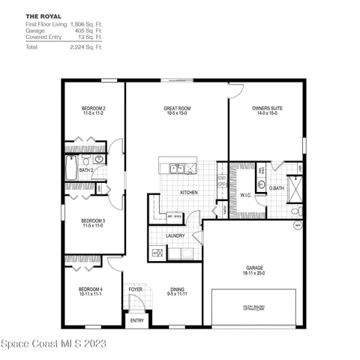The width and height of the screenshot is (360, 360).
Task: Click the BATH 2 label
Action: coord(86,170)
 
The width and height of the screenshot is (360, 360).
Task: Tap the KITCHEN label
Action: coord(188,193)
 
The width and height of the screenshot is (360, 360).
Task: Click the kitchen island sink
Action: coord(176,167)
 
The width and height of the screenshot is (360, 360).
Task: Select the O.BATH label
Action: coord(277,187)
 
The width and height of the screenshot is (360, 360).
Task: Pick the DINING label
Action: coord(178,290)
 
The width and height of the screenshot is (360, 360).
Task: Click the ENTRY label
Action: coord(137,321)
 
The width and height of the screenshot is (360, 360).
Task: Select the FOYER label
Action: coord(136,288)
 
